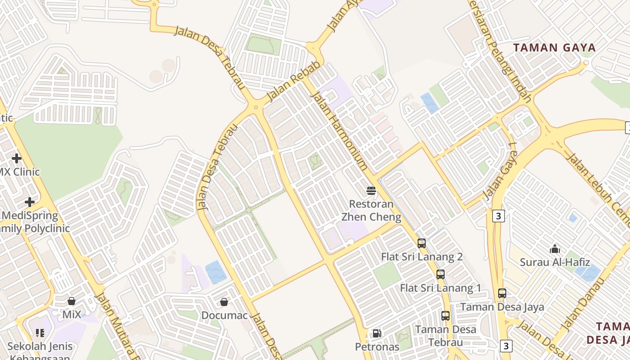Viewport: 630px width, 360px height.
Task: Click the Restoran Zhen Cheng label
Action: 371,211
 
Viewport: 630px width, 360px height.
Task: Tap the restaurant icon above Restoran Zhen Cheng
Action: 371,191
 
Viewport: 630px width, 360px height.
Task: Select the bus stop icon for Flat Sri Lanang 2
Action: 422,243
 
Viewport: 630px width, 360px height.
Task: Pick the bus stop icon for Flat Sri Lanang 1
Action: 441,274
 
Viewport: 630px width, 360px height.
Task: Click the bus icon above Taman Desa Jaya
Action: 502,293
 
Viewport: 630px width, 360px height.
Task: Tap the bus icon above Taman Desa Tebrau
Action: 445,316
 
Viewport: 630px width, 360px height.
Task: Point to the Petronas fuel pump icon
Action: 377,333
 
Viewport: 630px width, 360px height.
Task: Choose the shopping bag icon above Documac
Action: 224,301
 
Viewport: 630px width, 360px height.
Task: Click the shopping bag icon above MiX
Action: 72,301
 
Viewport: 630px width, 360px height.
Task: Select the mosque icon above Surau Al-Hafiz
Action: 555,248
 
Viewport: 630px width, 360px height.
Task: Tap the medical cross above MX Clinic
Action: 17,158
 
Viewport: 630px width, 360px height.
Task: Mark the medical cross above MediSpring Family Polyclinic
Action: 30,202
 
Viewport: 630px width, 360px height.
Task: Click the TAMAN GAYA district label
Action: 554,48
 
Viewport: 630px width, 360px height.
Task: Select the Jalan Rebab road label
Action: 294,81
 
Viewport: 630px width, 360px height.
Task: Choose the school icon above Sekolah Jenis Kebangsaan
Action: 40,333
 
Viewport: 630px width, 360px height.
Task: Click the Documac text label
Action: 225,315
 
